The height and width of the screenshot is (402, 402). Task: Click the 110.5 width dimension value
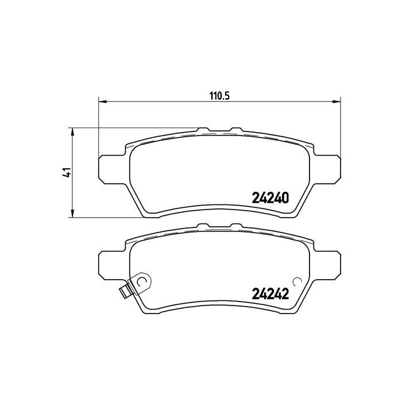[x=220, y=96]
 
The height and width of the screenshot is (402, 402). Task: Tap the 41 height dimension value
[x=67, y=172]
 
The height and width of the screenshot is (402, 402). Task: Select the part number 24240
[x=270, y=198]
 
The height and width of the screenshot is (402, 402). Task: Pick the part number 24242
[x=270, y=294]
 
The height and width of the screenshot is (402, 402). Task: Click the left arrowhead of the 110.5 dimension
[x=103, y=102]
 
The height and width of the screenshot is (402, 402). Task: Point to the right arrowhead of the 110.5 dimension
[x=337, y=102]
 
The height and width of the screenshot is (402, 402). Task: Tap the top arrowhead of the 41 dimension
[x=72, y=132]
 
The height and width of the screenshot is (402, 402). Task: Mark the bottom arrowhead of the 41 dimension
[x=72, y=214]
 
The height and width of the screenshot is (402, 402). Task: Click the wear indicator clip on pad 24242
[x=135, y=285]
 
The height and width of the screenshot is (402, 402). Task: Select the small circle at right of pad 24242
[x=297, y=281]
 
